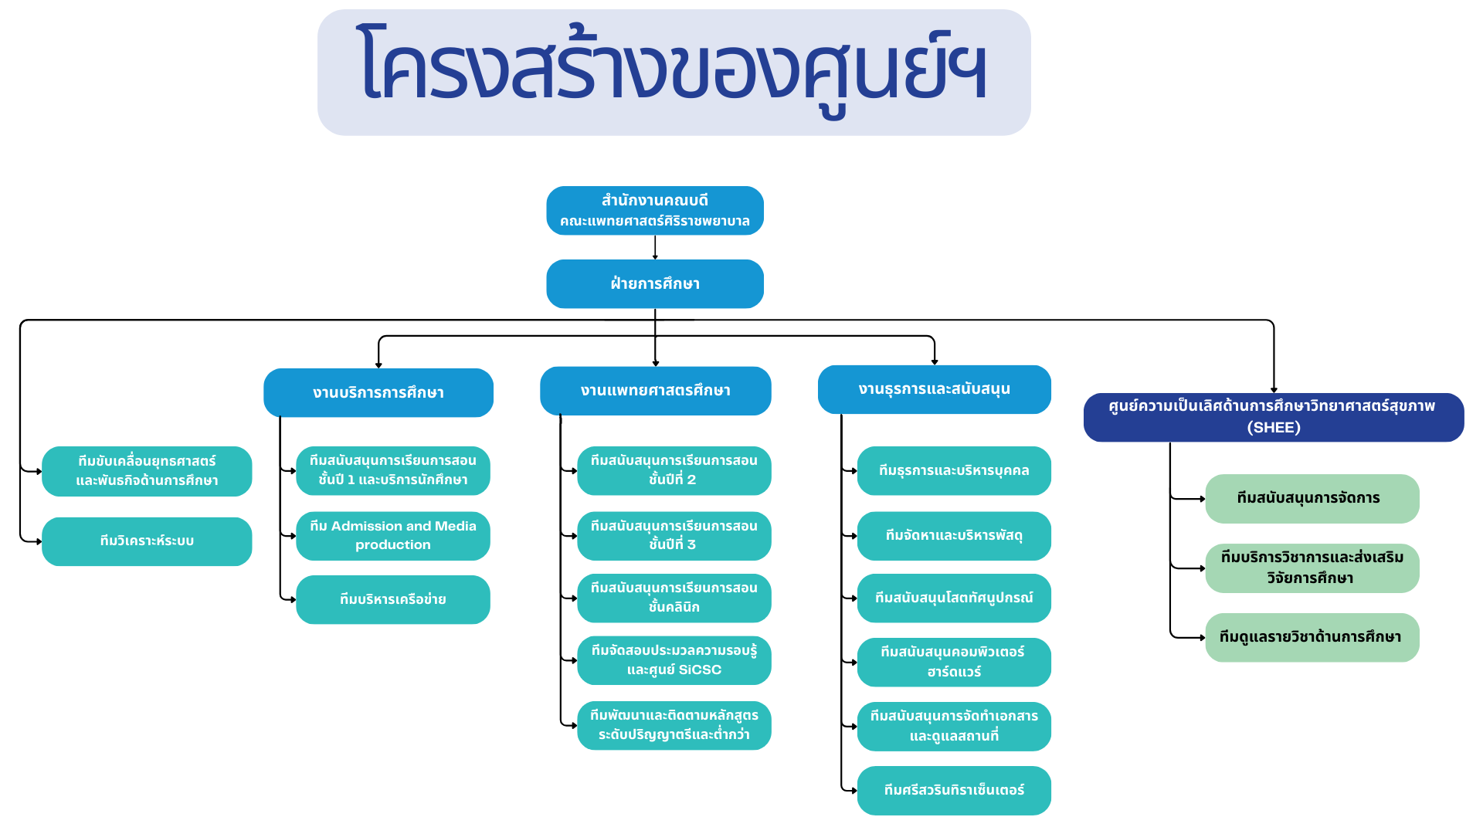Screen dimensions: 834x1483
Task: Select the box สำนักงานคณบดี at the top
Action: tap(655, 210)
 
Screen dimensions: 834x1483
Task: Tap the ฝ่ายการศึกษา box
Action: tap(655, 283)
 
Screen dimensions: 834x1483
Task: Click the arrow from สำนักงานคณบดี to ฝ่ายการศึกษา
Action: tap(655, 247)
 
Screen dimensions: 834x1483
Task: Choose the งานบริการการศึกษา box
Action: tap(378, 392)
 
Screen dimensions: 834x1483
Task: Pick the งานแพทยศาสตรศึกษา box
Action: tap(655, 391)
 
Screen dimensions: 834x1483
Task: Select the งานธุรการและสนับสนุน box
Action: tap(934, 389)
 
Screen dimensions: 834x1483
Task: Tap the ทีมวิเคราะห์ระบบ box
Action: tap(147, 541)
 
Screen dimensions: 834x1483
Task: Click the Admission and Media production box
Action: tap(392, 535)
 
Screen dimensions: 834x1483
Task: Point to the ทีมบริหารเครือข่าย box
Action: tap(392, 599)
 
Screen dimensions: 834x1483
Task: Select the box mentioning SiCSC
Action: tap(674, 660)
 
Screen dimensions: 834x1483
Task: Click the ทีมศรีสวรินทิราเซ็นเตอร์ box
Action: tap(954, 790)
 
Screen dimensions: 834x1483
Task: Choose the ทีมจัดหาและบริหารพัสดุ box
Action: tap(954, 535)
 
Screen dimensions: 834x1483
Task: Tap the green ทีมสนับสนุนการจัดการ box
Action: tap(1312, 498)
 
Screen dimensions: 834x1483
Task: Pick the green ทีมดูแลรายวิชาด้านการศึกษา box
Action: tap(1312, 637)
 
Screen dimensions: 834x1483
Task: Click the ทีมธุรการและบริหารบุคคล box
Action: tap(954, 470)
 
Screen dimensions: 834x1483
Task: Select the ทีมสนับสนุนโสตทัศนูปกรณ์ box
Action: tap(954, 598)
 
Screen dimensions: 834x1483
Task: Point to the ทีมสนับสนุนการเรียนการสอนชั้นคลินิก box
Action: tap(674, 598)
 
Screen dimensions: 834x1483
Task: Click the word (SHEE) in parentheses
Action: tap(1274, 428)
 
